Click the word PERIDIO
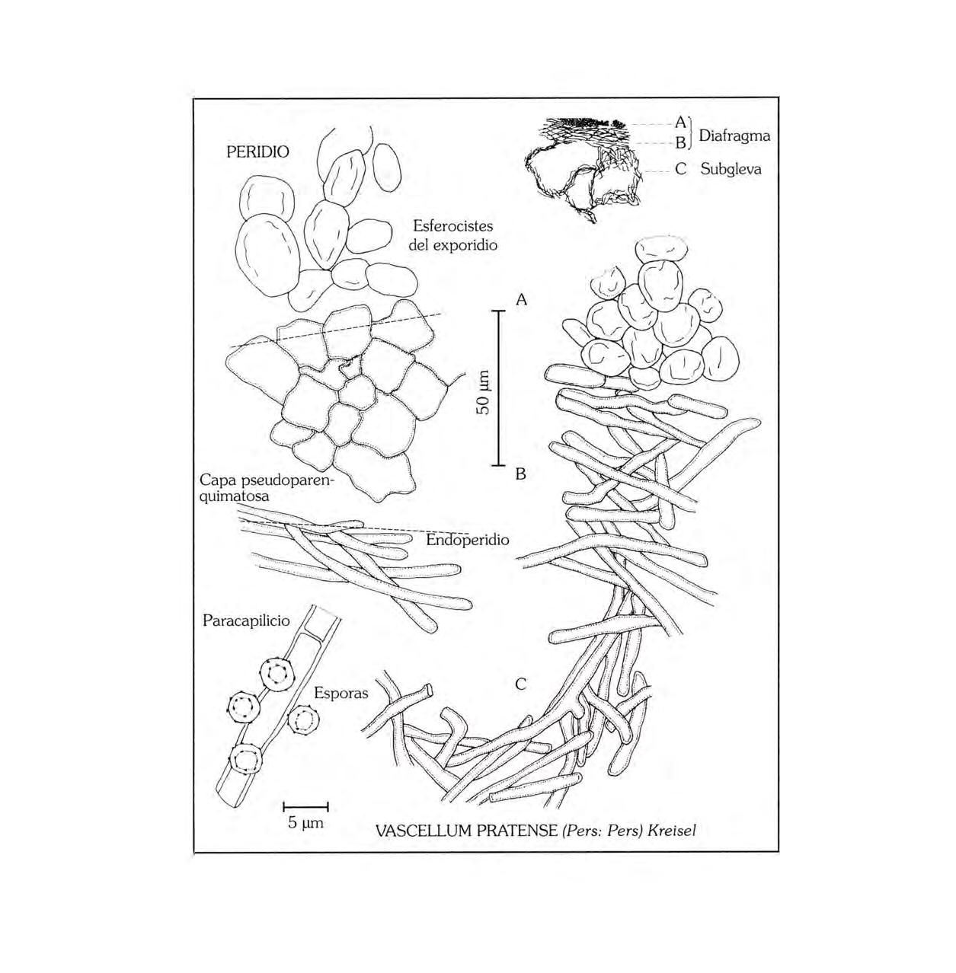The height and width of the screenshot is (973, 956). click(257, 152)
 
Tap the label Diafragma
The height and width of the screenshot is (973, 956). click(734, 136)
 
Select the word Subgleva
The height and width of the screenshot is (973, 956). click(731, 169)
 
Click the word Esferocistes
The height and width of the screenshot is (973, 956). click(452, 226)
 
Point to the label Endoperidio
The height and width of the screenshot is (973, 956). click(468, 540)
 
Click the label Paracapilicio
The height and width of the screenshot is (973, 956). click(246, 620)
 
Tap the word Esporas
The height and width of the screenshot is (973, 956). click(341, 693)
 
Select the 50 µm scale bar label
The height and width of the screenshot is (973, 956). click(483, 393)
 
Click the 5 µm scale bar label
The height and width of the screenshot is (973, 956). click(305, 823)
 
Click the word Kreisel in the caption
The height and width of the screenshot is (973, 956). click(671, 831)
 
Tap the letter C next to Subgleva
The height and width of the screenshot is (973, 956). click(681, 169)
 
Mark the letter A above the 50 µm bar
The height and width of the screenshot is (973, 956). click(521, 300)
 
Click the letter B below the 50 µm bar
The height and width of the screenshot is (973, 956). click(521, 474)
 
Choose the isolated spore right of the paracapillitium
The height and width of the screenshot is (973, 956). click(306, 719)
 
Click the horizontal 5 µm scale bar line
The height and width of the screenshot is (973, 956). click(305, 806)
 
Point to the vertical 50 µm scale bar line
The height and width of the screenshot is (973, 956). click(499, 388)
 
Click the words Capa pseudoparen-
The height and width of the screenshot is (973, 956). click(267, 481)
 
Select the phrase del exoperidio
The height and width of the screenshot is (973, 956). click(452, 245)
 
